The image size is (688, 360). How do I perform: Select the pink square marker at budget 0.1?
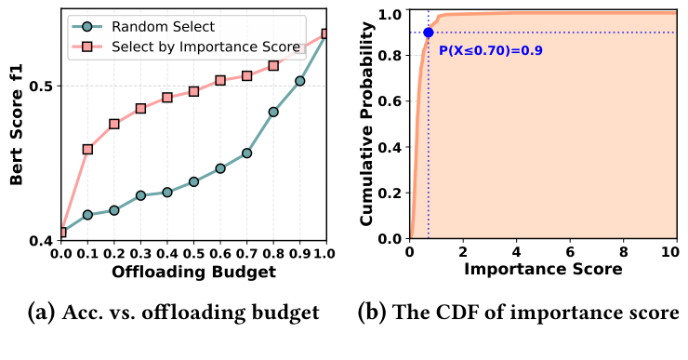tap(87, 149)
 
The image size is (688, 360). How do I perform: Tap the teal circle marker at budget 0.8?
tap(273, 112)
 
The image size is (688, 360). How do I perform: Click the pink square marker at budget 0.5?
tap(194, 91)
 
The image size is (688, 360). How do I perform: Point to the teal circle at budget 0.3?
tap(140, 195)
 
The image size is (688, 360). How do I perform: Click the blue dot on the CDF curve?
tap(428, 33)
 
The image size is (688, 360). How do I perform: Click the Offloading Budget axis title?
tap(193, 272)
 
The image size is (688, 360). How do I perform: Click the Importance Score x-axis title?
tap(543, 272)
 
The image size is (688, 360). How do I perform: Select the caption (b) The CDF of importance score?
tap(519, 313)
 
